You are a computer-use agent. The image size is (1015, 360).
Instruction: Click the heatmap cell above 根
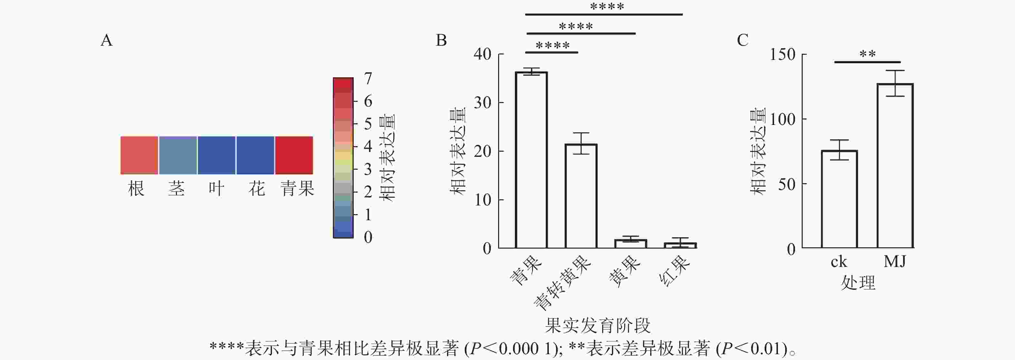coord(139,155)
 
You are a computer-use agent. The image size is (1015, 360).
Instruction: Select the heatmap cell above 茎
coord(178,155)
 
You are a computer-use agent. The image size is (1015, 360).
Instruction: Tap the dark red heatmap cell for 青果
coord(294,155)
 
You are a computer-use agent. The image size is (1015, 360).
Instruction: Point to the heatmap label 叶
coord(216,189)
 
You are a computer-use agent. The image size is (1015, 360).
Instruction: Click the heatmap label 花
coord(256,189)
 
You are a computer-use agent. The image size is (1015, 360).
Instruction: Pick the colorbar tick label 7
coord(368,78)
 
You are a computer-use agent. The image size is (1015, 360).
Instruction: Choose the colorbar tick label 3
coord(368,169)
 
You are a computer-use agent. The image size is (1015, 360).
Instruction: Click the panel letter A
coord(106,40)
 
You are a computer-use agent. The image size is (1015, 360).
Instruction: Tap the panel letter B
coord(441,40)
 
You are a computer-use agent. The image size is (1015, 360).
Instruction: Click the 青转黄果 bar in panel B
coord(581,196)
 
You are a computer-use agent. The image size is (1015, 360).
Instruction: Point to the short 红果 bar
coord(680,245)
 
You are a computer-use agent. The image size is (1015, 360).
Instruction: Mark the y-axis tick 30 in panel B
coord(482,103)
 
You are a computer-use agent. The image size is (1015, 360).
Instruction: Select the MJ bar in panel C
coord(895,166)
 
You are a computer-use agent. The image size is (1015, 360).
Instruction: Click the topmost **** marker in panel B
coord(607,7)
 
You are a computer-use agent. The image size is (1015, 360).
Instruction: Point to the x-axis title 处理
coord(858,282)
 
